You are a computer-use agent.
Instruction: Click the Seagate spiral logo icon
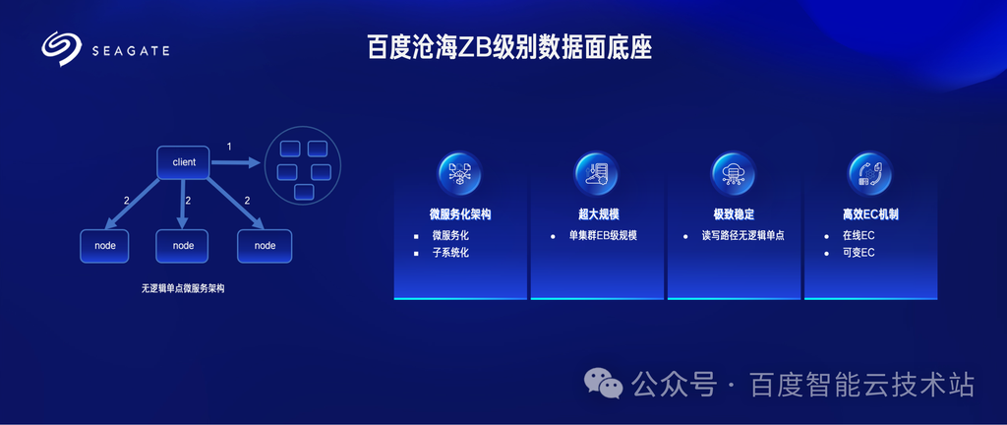tap(62, 49)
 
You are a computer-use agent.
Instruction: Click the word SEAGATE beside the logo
tap(131, 51)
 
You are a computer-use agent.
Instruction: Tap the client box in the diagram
tap(184, 162)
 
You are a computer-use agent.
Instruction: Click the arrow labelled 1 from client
tap(236, 162)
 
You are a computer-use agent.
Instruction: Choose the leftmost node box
tap(104, 245)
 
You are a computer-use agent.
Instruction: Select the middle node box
tap(183, 245)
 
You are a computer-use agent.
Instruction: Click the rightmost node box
tap(265, 245)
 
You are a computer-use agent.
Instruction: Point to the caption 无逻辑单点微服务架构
tap(183, 289)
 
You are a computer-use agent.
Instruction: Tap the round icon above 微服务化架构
tap(460, 174)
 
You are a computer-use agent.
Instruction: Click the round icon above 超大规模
tap(597, 174)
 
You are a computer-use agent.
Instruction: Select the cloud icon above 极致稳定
tap(734, 174)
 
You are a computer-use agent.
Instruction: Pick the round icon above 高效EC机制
tap(870, 174)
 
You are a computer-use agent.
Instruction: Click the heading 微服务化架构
tap(460, 214)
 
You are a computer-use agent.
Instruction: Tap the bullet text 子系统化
tap(450, 253)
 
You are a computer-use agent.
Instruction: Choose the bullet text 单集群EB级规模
tap(603, 235)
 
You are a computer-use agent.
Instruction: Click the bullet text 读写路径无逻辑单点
tap(743, 235)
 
